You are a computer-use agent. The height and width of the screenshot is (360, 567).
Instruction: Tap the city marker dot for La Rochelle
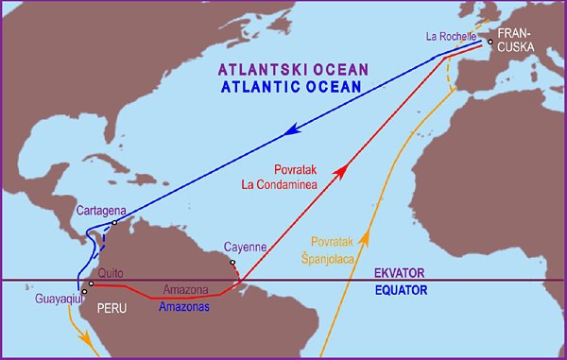click(490, 42)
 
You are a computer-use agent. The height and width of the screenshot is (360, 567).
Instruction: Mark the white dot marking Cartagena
click(113, 223)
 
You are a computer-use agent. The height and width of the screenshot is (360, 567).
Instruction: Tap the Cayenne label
click(249, 247)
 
